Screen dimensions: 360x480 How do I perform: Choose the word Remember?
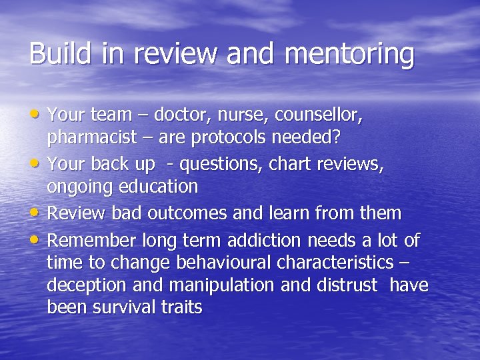tap(91, 239)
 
